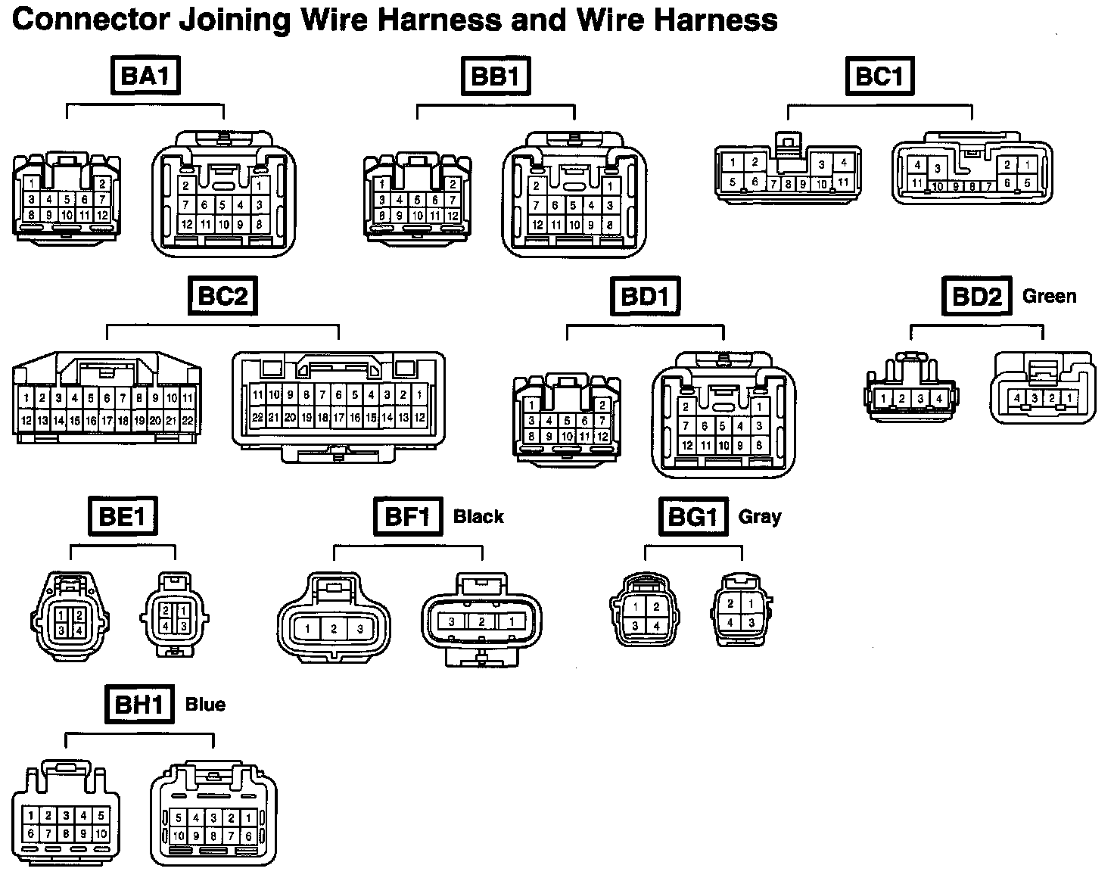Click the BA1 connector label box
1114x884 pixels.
point(145,76)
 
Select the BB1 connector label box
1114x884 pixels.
point(496,76)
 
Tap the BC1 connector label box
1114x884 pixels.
point(879,76)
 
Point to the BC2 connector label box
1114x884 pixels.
point(222,296)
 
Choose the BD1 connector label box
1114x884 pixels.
point(645,296)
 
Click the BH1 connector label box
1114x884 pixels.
point(138,705)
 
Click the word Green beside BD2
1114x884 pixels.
point(1049,296)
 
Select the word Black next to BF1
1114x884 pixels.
point(478,517)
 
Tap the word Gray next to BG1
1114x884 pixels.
point(760,517)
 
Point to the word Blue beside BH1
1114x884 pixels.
point(205,705)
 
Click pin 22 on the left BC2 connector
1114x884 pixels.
point(188,420)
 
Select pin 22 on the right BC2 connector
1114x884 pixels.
point(257,417)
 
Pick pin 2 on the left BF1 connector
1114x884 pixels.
point(334,629)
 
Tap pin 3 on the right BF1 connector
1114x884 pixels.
point(452,622)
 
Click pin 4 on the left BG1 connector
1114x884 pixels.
point(656,625)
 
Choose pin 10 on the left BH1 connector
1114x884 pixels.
point(101,834)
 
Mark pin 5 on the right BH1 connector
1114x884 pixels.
point(179,818)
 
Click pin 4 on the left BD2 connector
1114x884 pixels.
point(938,399)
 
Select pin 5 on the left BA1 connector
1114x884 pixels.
point(67,200)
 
